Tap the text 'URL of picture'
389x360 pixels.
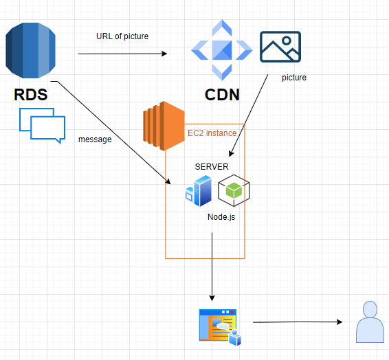pos(122,36)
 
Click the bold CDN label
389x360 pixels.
pos(223,94)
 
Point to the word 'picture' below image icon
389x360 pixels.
pos(294,78)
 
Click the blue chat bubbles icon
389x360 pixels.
pos(42,124)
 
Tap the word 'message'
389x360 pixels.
pos(95,139)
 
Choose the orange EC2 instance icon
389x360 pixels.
pos(164,126)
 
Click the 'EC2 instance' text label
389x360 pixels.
pos(212,133)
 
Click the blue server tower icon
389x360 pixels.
pos(199,191)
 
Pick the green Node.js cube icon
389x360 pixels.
pos(234,191)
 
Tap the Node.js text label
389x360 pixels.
pos(222,216)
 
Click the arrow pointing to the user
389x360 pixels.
pos(297,322)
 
